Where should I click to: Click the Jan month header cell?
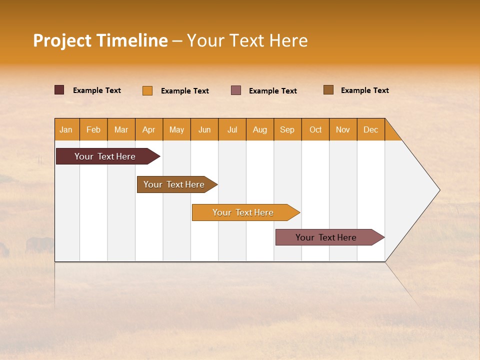pos(66,129)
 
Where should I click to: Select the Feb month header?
pos(93,129)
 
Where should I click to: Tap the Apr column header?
pos(149,129)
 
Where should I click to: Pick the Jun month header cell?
pos(204,129)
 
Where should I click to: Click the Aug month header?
pos(260,129)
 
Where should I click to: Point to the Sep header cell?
pos(287,129)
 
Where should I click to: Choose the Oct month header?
pos(315,129)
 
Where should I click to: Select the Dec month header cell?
pos(371,129)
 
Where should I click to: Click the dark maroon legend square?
pos(59,90)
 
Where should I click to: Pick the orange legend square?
pos(147,90)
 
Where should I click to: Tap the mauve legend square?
pos(236,90)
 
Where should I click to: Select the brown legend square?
pos(328,90)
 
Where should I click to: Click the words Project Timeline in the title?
pos(100,40)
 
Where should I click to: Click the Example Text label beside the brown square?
pos(364,90)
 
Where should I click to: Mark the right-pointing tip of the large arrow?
pos(438,190)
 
